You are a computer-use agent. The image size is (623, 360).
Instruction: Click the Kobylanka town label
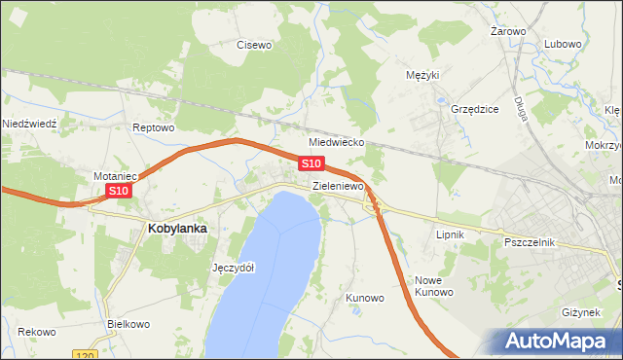click(177, 228)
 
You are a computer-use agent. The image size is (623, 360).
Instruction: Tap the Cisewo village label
click(255, 44)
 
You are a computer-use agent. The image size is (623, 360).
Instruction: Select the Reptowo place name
click(153, 127)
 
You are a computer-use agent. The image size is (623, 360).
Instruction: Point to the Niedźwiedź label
click(31, 124)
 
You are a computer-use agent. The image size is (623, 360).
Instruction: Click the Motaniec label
click(115, 176)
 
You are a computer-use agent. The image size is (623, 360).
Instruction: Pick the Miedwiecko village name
click(337, 142)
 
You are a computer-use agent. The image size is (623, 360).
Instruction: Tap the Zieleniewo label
click(338, 185)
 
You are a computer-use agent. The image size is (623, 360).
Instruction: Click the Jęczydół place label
click(233, 268)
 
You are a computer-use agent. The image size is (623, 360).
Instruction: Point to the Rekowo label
click(36, 332)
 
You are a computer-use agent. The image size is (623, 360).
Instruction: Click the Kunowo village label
click(365, 298)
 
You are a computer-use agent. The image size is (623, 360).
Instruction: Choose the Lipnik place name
click(450, 234)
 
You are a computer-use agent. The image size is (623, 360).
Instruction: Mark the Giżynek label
click(583, 312)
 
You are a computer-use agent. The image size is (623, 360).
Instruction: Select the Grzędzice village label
click(474, 109)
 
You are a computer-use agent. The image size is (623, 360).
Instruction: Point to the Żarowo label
click(508, 31)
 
